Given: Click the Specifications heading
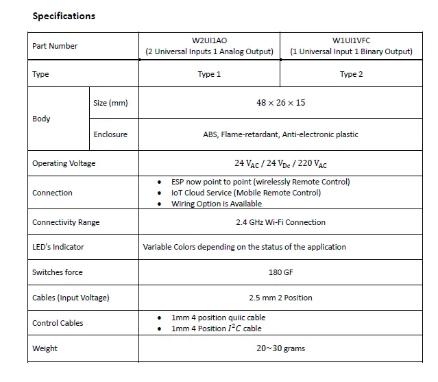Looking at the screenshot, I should pos(64,16).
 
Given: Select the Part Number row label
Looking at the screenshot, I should pos(55,46).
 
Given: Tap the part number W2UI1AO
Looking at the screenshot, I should pos(209,40).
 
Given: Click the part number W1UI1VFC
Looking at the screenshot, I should pos(351,40).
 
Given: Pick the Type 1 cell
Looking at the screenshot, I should pos(209,74).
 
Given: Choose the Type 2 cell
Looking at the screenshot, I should pos(351,74).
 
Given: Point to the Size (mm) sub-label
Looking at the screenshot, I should pos(110,103).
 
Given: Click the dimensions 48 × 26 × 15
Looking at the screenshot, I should pos(280,103).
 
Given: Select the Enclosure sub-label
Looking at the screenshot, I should pos(110,134).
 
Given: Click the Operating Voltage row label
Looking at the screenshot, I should pos(64,163).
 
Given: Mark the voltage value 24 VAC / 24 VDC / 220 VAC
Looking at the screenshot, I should pos(280,164).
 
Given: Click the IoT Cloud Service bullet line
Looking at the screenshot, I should pos(246,193).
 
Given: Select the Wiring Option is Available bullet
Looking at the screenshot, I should pos(217,204).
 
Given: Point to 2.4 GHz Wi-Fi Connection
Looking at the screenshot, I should pos(280,222).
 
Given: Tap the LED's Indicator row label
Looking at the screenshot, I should pos(58,247).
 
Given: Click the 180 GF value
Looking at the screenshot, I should pos(280,272).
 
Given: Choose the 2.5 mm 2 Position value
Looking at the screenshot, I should pos(280,298).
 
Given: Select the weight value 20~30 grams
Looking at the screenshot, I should pos(280,348).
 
